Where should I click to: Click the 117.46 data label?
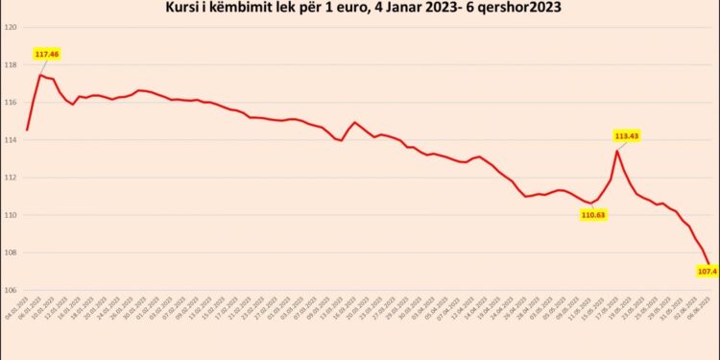[x=47, y=55]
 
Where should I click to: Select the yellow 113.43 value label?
[x=627, y=136]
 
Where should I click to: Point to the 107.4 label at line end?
[x=707, y=272]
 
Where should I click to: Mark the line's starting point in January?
[x=27, y=130]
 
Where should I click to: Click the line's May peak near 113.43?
[x=616, y=151]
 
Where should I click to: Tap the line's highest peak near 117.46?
[x=39, y=74]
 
